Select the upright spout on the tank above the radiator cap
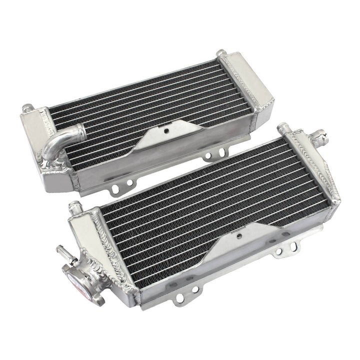[75, 206]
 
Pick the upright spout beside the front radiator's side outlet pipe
[283, 128]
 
